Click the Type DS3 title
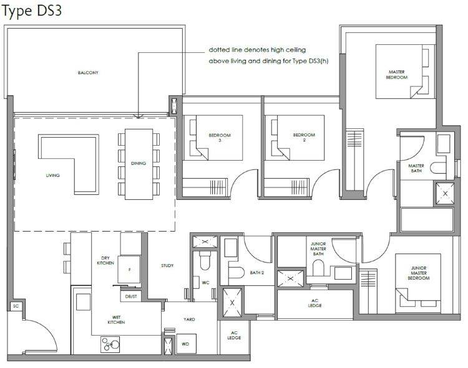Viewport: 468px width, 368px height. (x=32, y=11)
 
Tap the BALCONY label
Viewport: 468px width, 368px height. (x=88, y=73)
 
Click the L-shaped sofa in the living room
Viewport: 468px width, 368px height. (x=69, y=164)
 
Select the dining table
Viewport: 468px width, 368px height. (x=139, y=164)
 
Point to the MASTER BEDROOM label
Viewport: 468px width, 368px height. (x=397, y=75)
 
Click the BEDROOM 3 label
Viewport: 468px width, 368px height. (x=220, y=138)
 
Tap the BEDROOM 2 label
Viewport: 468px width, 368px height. (x=304, y=137)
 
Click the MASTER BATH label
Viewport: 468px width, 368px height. (x=416, y=168)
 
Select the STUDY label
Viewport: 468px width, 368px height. (x=167, y=265)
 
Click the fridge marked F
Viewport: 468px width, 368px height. (x=129, y=270)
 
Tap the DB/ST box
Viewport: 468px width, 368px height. (x=131, y=296)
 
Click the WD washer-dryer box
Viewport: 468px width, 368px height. (x=186, y=344)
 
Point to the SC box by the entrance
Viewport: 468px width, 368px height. (x=16, y=306)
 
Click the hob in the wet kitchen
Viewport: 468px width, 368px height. (x=110, y=344)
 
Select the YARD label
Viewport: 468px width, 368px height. (x=189, y=319)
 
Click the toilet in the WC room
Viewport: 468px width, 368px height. (x=205, y=260)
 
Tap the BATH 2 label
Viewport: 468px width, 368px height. (x=256, y=273)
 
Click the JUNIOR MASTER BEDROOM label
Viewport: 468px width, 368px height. (x=419, y=273)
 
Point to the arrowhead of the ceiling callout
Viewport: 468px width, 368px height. (x=138, y=116)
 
